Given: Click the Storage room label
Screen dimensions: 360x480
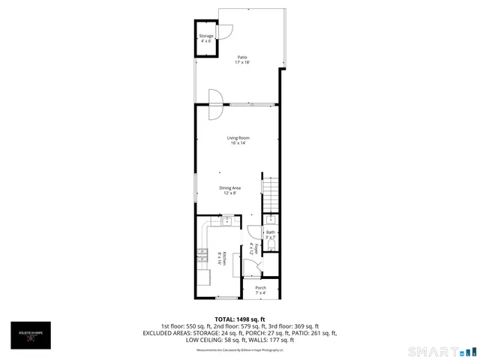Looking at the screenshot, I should click(x=206, y=38).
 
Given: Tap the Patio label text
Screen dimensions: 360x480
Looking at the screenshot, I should click(x=242, y=59).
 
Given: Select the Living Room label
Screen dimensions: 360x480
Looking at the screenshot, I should click(x=238, y=140).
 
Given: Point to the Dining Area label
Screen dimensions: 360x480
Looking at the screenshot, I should click(x=229, y=190).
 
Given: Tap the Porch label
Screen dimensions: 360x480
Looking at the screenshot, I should click(x=260, y=289).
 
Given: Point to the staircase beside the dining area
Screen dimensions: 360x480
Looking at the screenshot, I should click(x=270, y=193).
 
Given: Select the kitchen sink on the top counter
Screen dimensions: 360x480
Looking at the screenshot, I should click(x=226, y=221).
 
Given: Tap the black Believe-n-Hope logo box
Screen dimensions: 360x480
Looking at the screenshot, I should click(x=30, y=335).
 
